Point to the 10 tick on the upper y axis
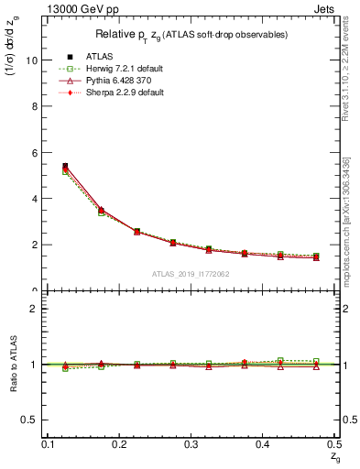(x=35, y=60)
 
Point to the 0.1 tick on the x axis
(x=48, y=443)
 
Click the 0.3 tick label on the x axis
(x=191, y=443)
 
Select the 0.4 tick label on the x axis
(x=262, y=443)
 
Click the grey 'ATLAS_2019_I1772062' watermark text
(x=191, y=274)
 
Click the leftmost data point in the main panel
(x=64, y=167)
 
